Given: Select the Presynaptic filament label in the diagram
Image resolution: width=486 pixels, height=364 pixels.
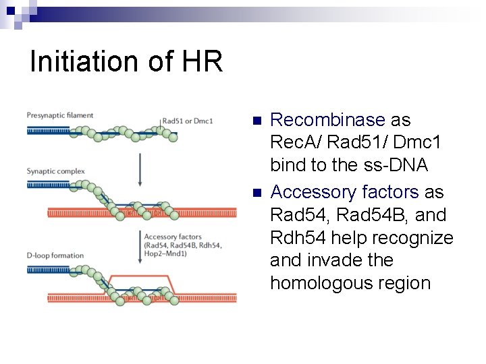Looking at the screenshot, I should tap(60, 116).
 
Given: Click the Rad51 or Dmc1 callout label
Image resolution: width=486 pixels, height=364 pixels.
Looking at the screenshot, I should tap(188, 121).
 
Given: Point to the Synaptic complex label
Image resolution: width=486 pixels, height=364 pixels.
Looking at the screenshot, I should tap(56, 171).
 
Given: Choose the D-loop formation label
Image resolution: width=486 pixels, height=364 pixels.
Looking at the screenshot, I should tap(55, 255).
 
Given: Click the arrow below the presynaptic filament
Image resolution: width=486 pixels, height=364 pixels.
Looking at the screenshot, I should tap(140, 169).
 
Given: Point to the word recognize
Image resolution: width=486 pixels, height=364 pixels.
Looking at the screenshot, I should tap(416, 237).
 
